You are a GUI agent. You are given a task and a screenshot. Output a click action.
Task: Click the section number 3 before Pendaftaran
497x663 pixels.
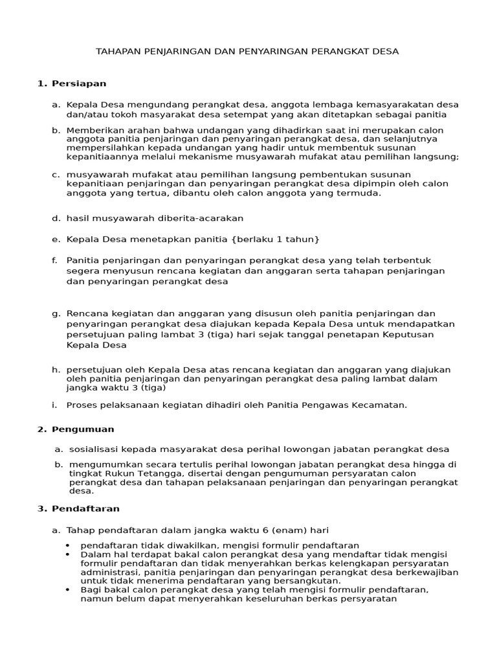[x=41, y=509]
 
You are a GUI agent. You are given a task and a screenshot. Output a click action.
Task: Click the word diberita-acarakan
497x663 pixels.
[x=199, y=218]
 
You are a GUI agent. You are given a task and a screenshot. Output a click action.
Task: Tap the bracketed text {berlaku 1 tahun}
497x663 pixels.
[x=275, y=239]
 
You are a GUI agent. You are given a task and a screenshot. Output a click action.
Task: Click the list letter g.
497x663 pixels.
[x=56, y=313]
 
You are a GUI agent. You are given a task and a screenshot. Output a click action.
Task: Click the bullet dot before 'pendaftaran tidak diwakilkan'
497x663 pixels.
[x=69, y=546]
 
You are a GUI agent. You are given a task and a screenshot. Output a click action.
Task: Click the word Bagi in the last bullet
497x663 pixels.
[x=91, y=590]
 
